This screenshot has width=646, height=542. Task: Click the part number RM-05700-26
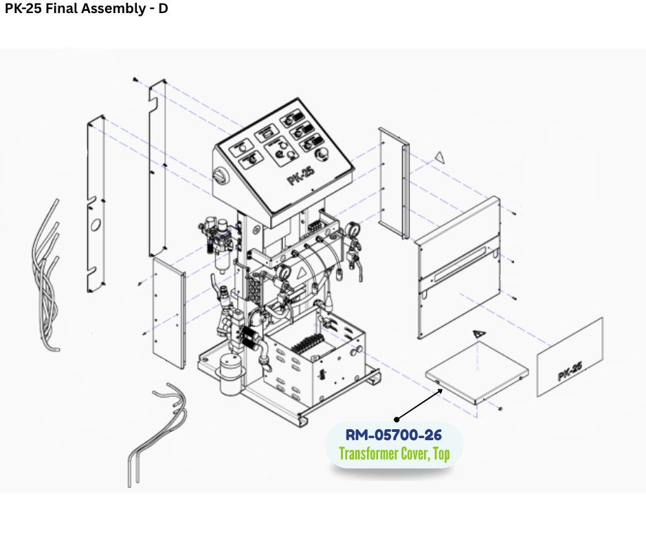point(393,435)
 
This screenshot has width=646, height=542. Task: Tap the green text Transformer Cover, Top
point(394,454)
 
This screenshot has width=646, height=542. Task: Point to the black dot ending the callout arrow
point(396,419)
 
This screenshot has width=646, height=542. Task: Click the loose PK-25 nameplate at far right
point(570,357)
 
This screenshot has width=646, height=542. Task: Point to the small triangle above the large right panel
point(440,158)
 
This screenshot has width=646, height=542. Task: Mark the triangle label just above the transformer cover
point(480,333)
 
